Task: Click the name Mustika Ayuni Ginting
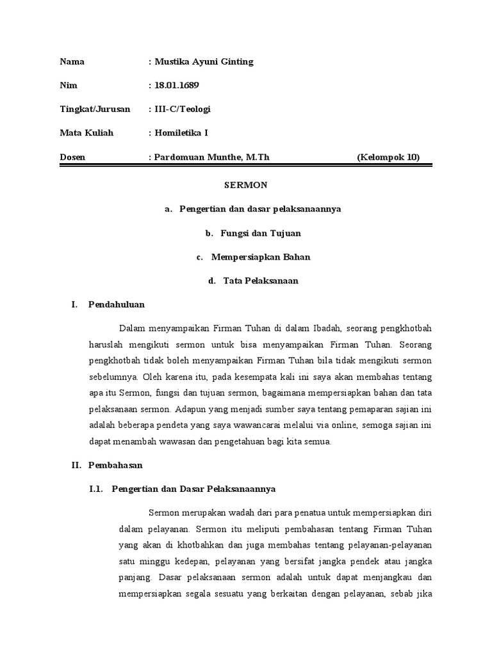[x=204, y=62]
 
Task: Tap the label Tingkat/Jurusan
[x=95, y=109]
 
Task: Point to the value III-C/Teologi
[x=183, y=109]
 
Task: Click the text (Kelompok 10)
[x=388, y=157]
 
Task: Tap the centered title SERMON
[x=245, y=185]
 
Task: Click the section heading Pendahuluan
[x=117, y=305]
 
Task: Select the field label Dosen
[x=72, y=157]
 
